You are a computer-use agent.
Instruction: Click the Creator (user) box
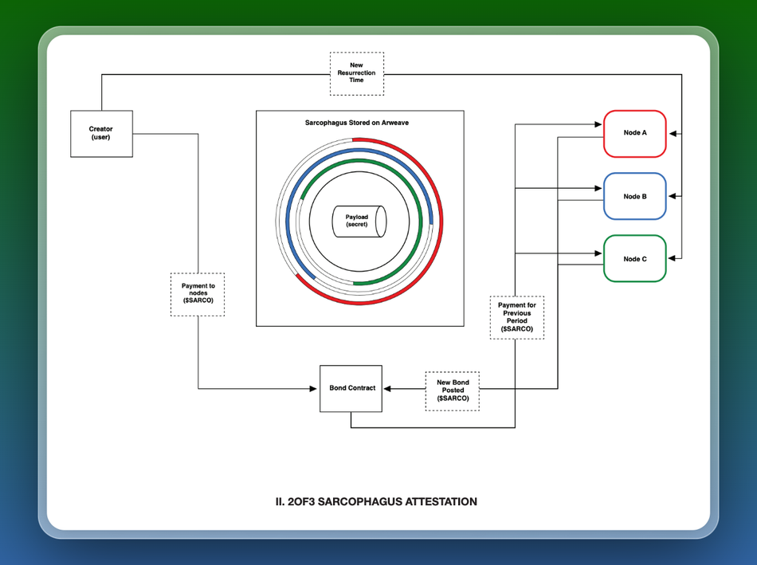point(101,133)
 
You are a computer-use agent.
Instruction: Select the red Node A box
point(634,133)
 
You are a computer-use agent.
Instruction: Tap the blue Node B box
point(634,196)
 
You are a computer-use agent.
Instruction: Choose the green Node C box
point(634,258)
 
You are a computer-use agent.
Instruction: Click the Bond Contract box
point(351,388)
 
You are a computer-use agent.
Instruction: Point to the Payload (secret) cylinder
point(358,221)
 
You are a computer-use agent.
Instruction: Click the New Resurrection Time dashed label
point(356,74)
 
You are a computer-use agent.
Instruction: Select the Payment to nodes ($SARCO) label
point(198,295)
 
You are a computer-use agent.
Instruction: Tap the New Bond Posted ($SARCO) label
point(453,390)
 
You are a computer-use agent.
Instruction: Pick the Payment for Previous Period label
point(516,317)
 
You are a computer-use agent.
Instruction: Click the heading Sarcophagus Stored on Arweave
point(357,124)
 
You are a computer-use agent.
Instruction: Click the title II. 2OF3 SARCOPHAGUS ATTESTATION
point(376,502)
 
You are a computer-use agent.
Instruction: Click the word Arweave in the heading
point(394,124)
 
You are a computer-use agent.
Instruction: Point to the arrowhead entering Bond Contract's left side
point(316,389)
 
